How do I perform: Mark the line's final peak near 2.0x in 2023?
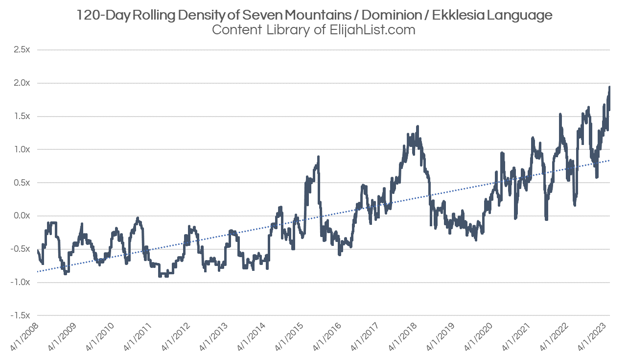(x=609, y=87)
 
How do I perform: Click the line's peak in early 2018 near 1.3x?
(x=417, y=127)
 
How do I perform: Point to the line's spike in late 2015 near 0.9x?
(x=318, y=157)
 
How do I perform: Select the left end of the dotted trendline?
(x=38, y=271)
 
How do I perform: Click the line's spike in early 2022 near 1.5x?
(x=559, y=115)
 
